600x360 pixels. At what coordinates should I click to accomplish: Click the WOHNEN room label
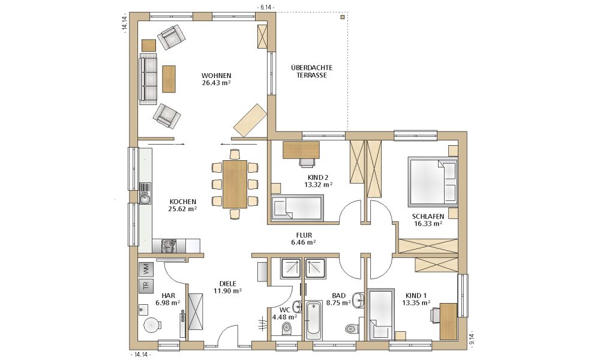tap(216, 76)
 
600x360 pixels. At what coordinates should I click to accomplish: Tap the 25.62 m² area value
tap(182, 209)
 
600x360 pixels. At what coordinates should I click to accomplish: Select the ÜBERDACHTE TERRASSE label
tap(311, 71)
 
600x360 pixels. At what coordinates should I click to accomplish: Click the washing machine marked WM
tap(145, 269)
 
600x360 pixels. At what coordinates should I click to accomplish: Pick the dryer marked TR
tap(145, 286)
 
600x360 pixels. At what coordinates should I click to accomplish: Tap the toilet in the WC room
tap(286, 328)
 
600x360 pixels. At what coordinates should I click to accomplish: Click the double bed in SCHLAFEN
tap(433, 181)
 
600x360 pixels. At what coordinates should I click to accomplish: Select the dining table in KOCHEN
tap(235, 184)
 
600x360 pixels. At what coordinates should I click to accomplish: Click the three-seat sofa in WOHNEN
tap(148, 79)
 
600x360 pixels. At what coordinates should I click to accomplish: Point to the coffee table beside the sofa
tap(169, 79)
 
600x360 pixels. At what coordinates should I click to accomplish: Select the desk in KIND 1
tap(448, 322)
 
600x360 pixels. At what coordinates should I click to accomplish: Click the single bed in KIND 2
tap(298, 208)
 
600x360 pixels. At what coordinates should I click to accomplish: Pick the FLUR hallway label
tap(304, 235)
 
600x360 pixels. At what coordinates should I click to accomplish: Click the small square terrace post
tap(343, 17)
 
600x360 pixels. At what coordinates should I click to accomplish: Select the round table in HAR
tap(152, 325)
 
